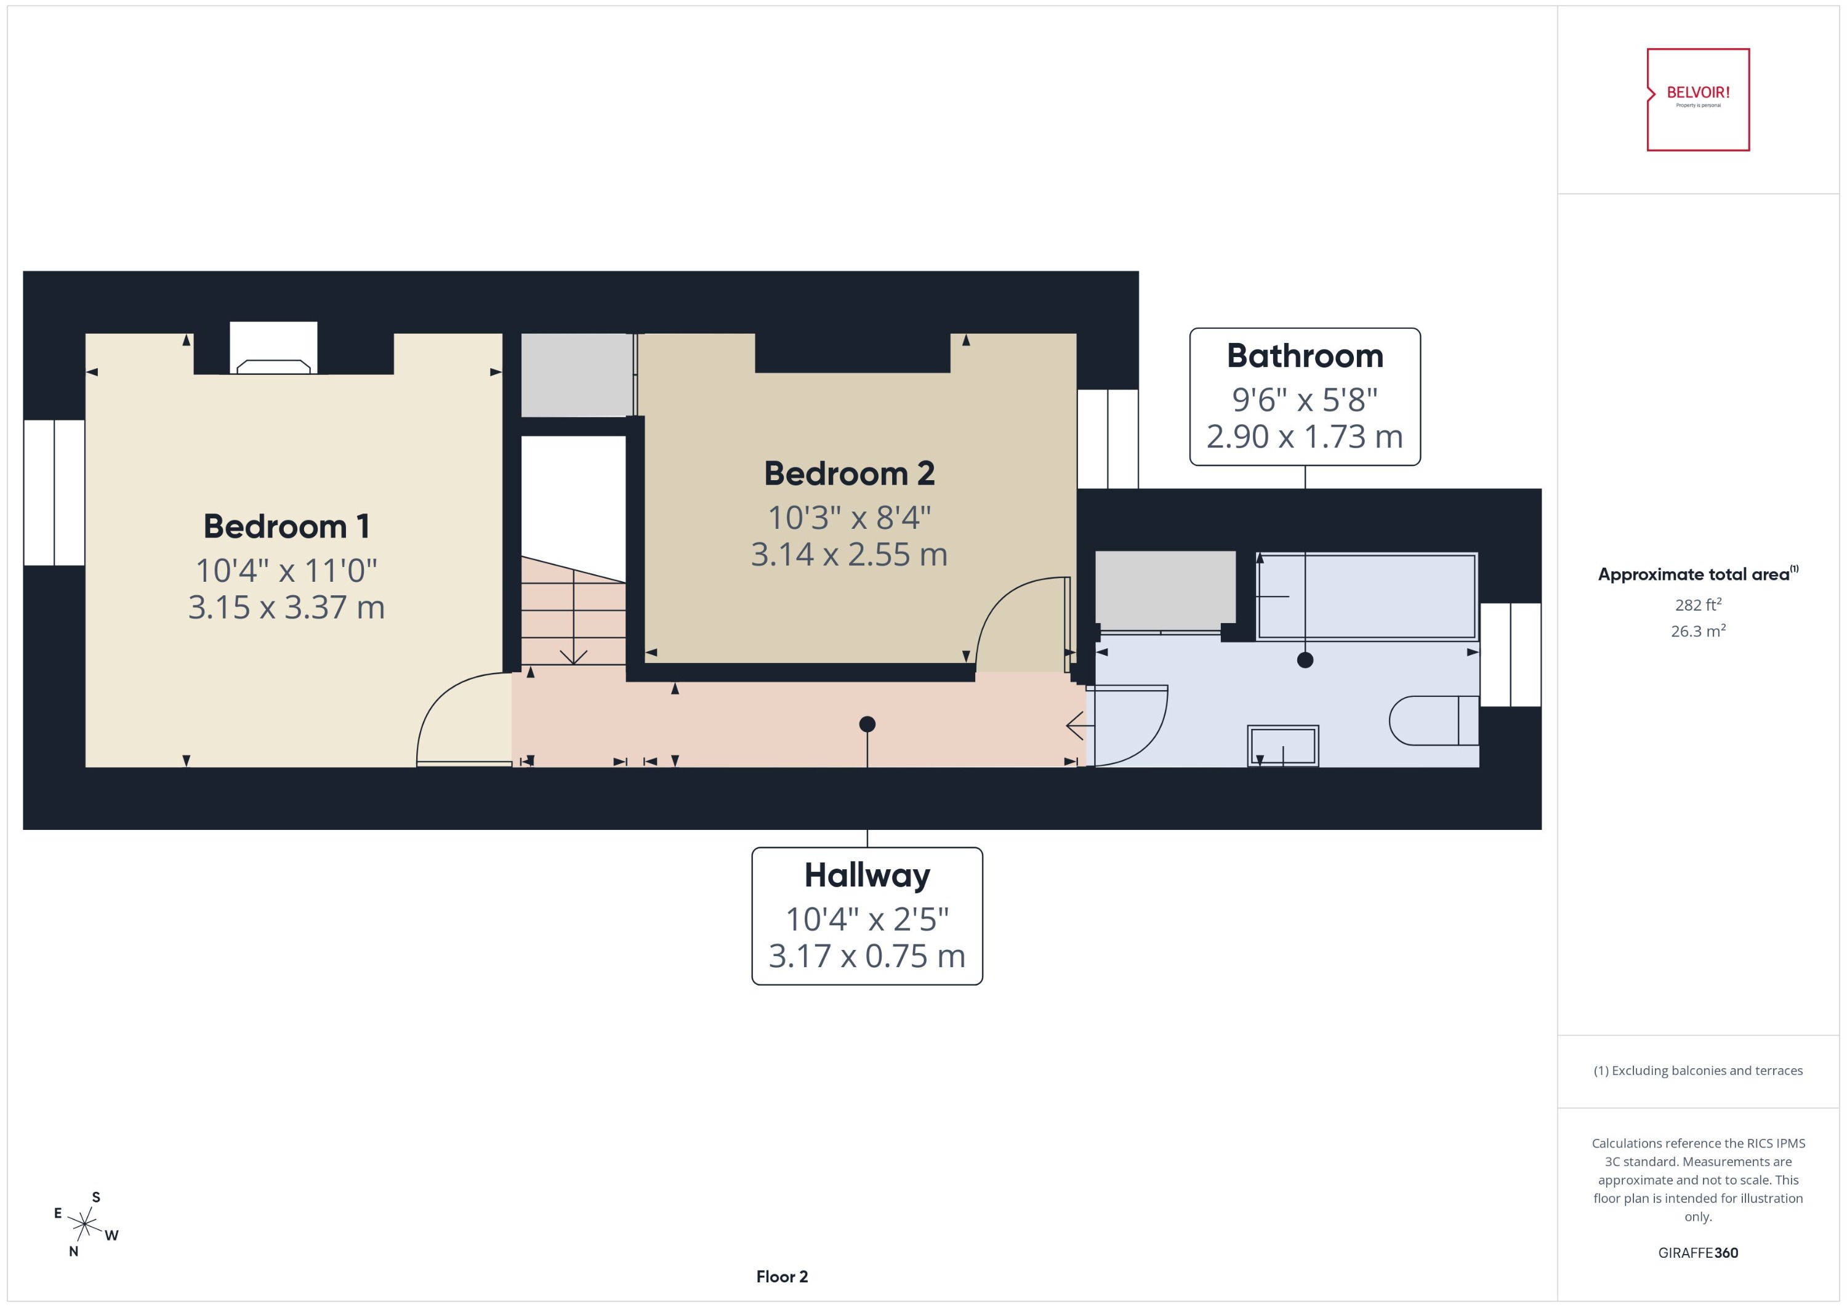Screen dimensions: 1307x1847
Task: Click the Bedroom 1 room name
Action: (x=286, y=527)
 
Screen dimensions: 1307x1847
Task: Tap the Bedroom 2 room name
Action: (x=849, y=474)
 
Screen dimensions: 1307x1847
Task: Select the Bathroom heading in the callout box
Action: (x=1305, y=356)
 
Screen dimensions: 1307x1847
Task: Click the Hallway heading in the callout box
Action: (x=867, y=875)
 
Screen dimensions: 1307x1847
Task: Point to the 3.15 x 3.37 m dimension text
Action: (x=286, y=608)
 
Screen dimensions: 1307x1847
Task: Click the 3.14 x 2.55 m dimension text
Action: (x=849, y=555)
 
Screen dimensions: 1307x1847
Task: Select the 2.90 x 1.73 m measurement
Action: (x=1305, y=437)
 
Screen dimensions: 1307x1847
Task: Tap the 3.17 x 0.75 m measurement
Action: (x=867, y=956)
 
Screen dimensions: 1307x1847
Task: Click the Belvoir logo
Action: (x=1697, y=100)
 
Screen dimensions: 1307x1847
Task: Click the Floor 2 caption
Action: (x=781, y=1276)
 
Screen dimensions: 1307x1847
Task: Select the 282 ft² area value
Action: (x=1697, y=605)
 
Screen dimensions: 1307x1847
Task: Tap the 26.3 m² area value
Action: (x=1697, y=631)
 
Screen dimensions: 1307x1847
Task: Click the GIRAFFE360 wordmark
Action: (x=1697, y=1253)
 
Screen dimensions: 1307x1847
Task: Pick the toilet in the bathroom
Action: (x=1433, y=720)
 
